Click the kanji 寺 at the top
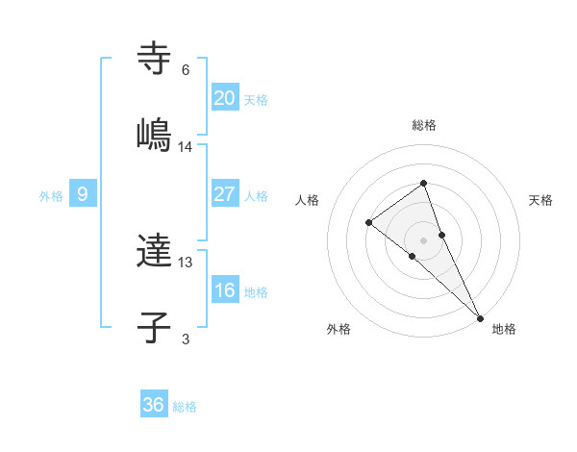click(x=154, y=59)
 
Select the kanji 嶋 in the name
click(x=154, y=135)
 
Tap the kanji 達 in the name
click(x=154, y=251)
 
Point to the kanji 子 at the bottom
click(x=154, y=327)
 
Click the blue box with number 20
click(x=224, y=97)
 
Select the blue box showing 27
click(x=224, y=194)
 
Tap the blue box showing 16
click(x=224, y=290)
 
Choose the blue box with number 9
click(x=83, y=194)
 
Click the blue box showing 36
click(x=154, y=405)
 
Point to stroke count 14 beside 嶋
click(x=186, y=147)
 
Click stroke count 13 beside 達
click(x=186, y=263)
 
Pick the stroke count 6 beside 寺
click(x=186, y=70)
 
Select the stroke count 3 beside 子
click(x=186, y=339)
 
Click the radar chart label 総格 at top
click(x=424, y=125)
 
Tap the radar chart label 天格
click(x=541, y=200)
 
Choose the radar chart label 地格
click(x=504, y=329)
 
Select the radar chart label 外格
click(x=339, y=329)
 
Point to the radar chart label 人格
click(x=307, y=200)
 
